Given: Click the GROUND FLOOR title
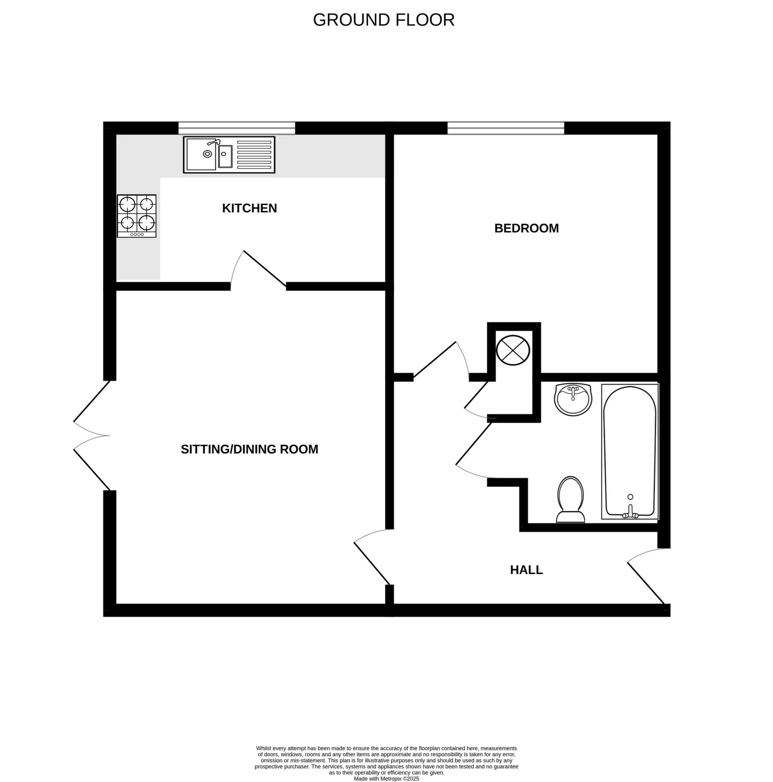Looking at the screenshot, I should pos(383,20).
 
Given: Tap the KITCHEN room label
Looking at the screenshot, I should pos(249,208).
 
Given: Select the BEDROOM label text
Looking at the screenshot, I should pos(526,228).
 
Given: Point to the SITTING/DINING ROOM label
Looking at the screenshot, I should pos(249,449).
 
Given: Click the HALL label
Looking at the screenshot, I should pos(526,570).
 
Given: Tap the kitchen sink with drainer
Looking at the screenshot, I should pos(229,154).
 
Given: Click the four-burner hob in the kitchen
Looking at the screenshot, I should pos(136,216).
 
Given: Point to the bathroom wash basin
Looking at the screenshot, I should pos(573,399).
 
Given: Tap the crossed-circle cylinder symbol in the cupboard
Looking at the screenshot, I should pos(513,350).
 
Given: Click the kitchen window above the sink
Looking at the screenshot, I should pos(237,128).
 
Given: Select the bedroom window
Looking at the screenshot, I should pos(505,128).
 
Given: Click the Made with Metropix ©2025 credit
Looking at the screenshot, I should pos(386,779).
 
